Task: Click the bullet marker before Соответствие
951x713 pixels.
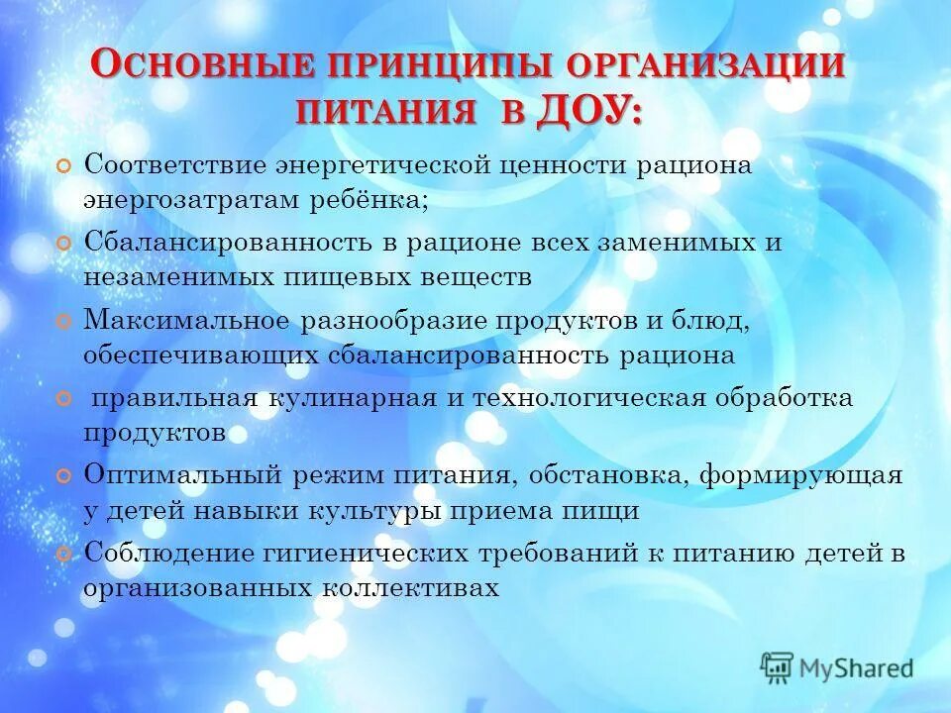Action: pos(64,165)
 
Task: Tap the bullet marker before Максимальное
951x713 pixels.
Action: pos(64,321)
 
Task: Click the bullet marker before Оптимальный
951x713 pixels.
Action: pos(64,476)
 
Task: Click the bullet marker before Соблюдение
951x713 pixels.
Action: pos(64,554)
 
